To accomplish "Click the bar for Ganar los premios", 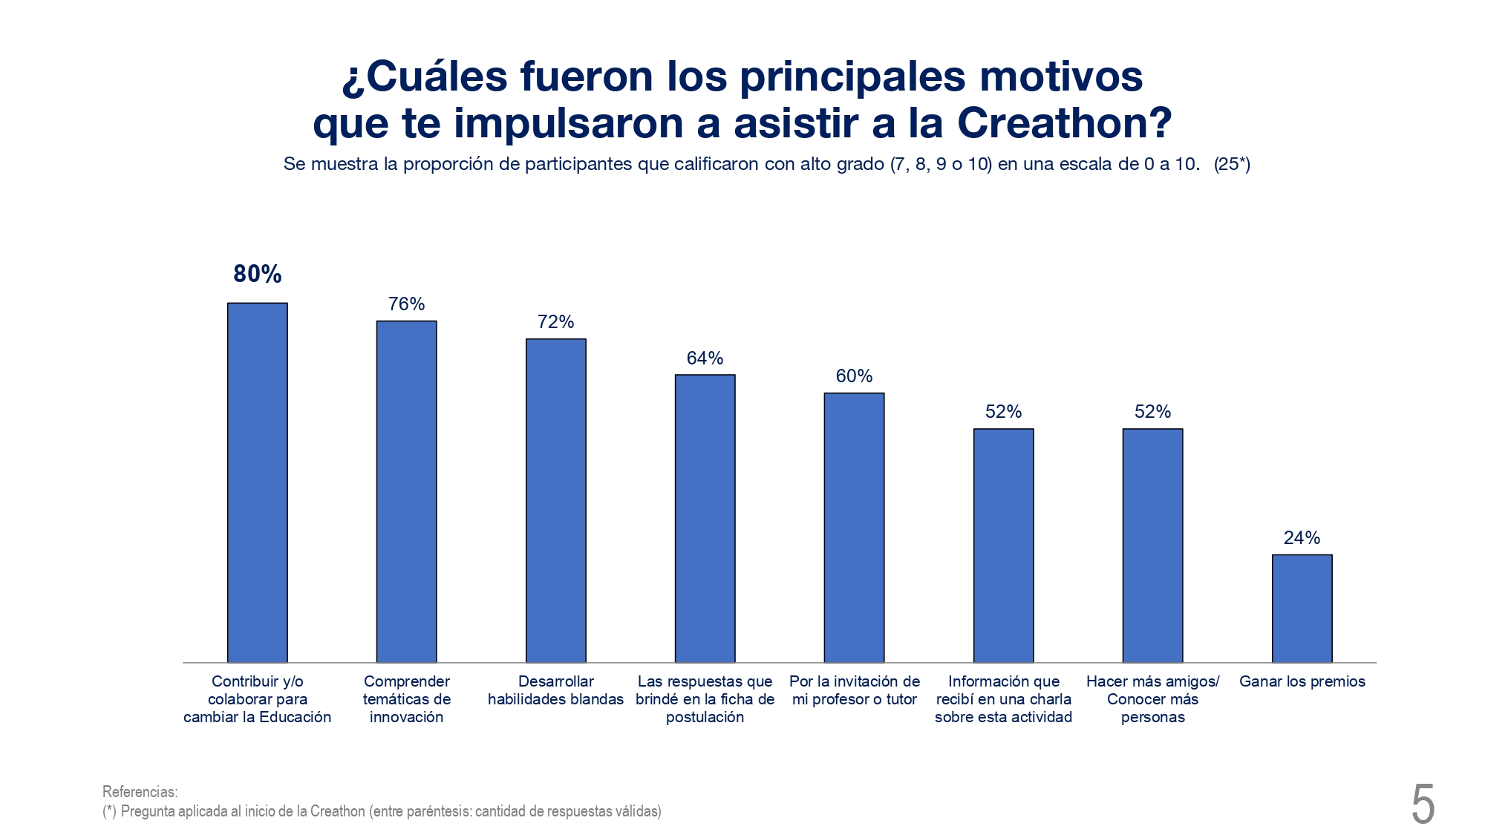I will point(1302,608).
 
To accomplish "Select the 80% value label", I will point(258,274).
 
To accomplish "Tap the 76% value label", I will point(406,304).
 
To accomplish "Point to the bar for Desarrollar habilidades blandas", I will point(555,500).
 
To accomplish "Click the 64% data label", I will point(705,358).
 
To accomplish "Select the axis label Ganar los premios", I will point(1302,681).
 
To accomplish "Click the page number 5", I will point(1423,805).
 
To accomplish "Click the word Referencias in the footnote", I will point(140,791).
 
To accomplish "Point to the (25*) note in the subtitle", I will point(1232,164).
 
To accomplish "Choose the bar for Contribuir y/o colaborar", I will point(257,482).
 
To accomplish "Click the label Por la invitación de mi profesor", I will point(854,690).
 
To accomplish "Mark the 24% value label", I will point(1302,537).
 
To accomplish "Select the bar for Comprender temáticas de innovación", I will point(406,491).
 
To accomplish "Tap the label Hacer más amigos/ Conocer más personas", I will point(1152,699).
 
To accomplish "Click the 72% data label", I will point(555,321).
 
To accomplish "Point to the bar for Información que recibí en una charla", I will point(1003,546).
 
